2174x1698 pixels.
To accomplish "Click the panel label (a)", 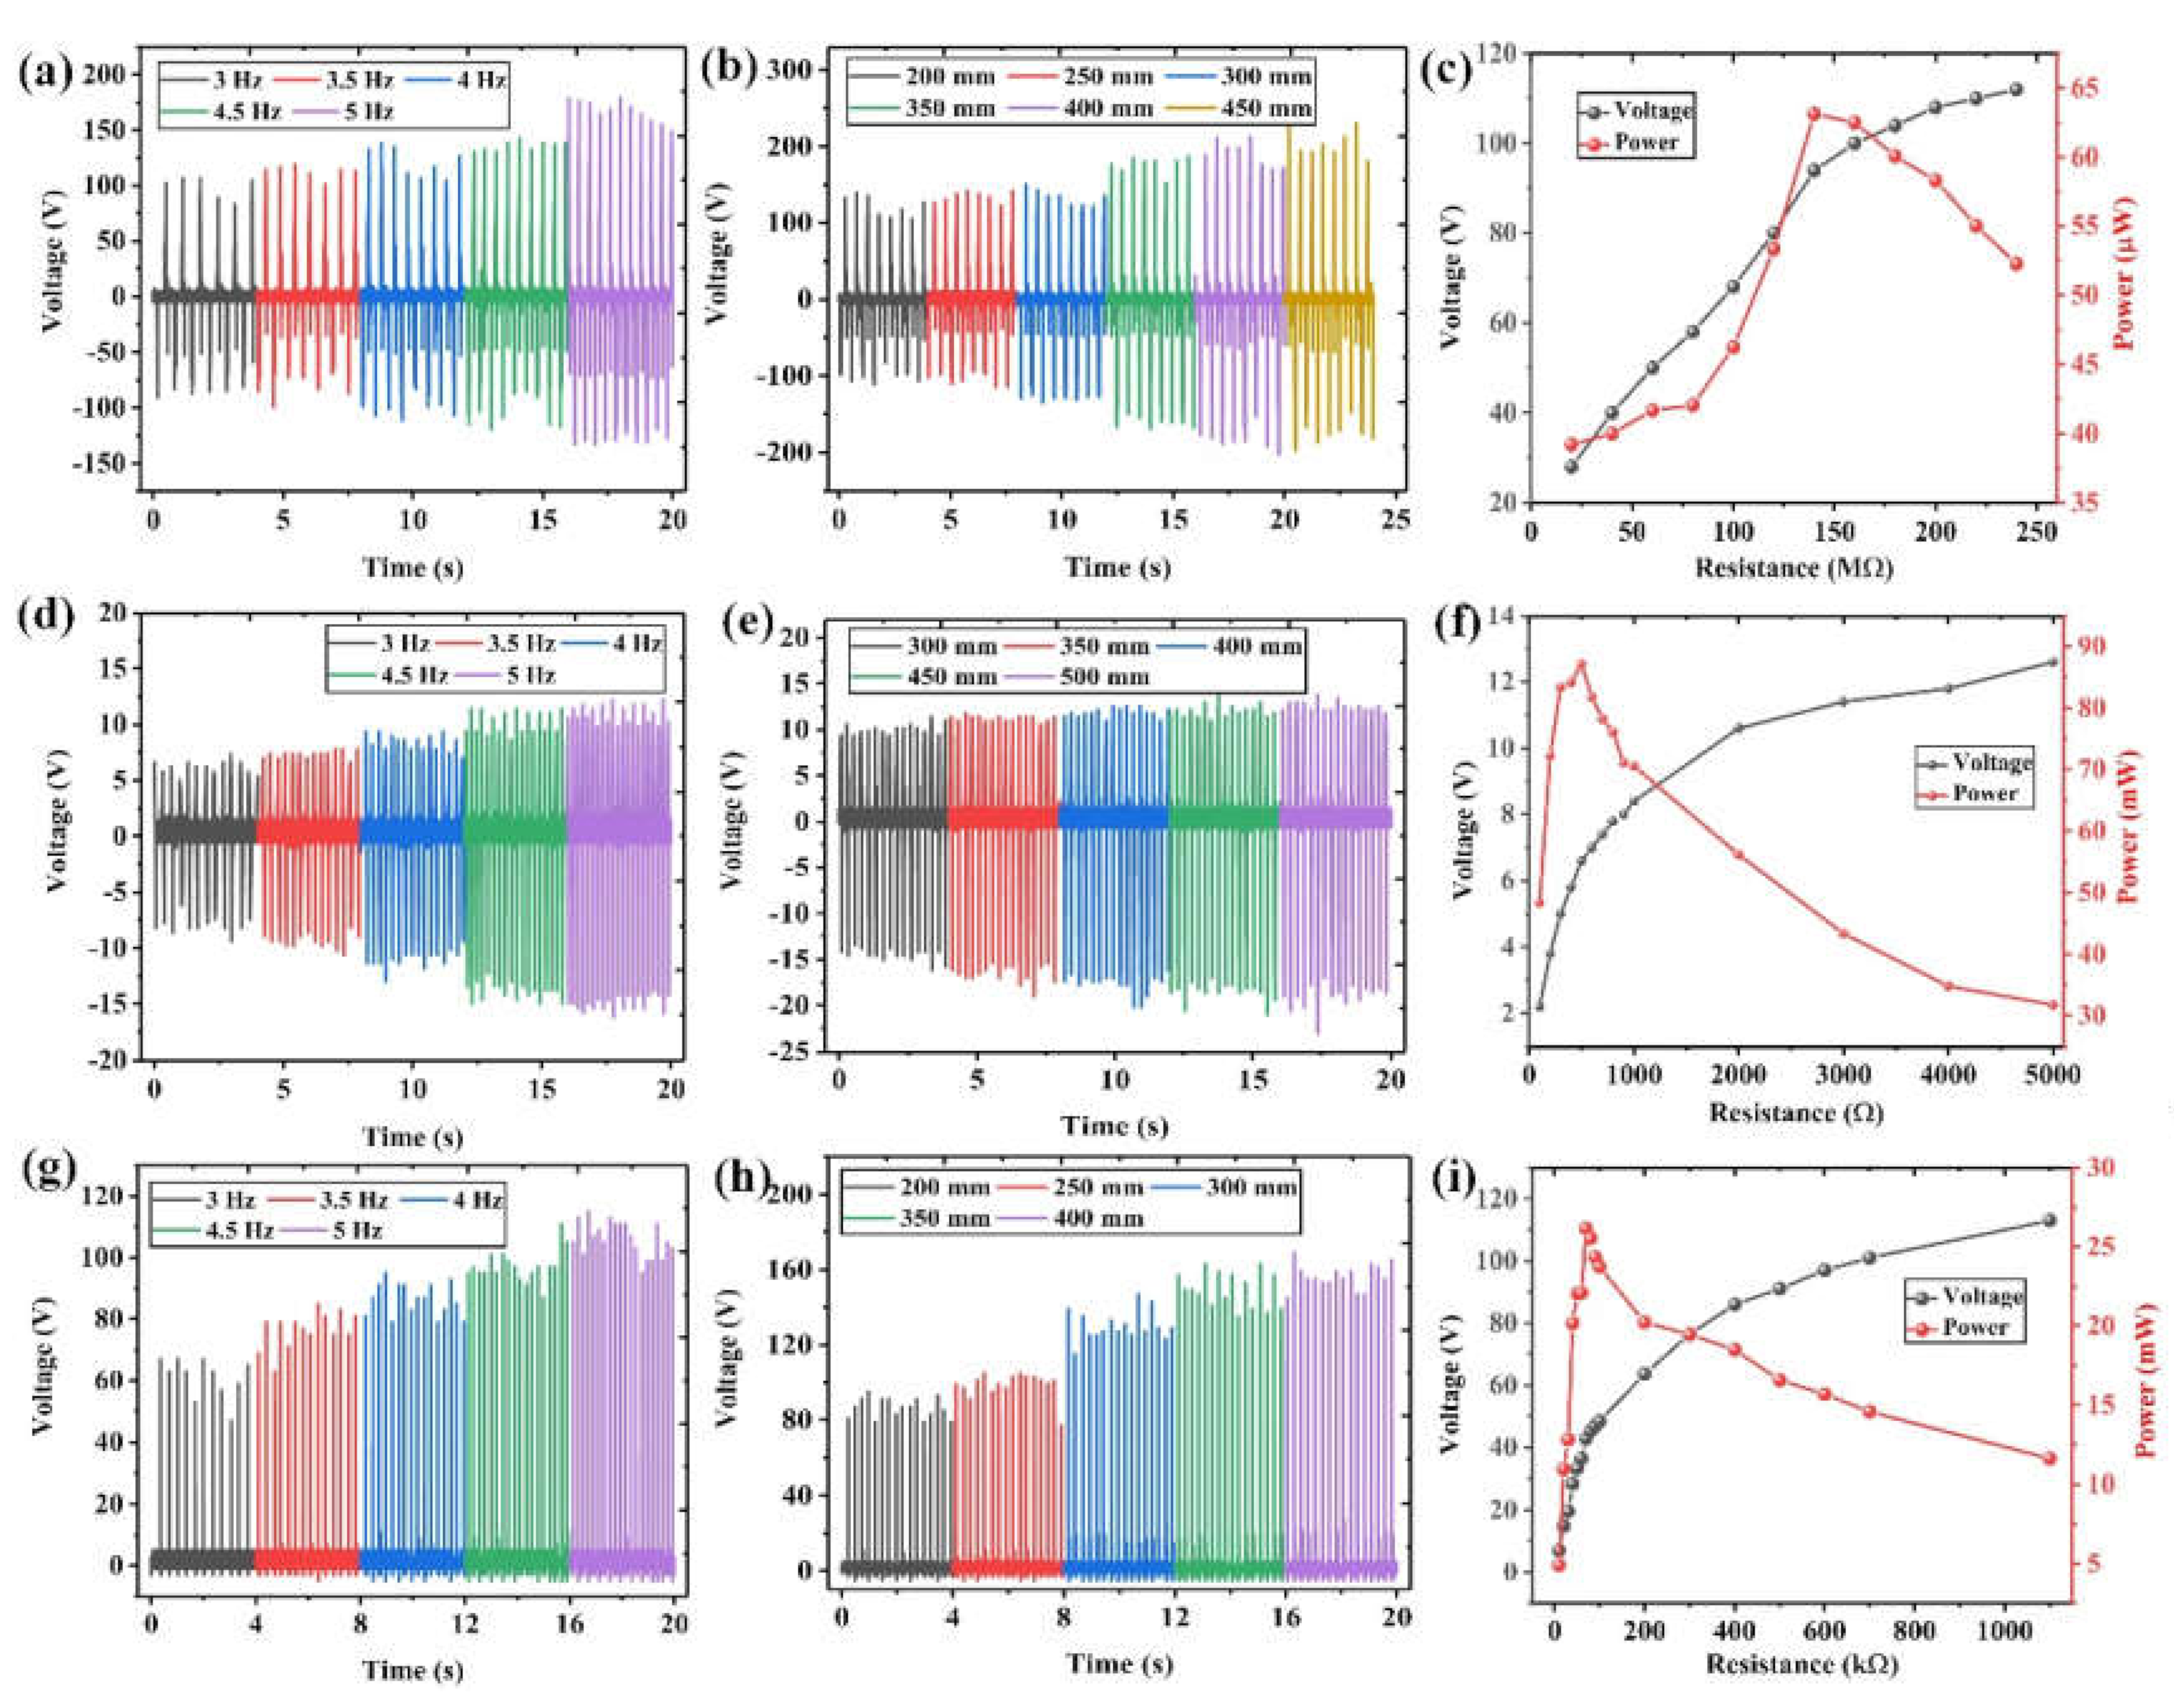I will click(x=45, y=75).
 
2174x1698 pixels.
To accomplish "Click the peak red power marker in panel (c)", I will click(x=1814, y=113).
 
